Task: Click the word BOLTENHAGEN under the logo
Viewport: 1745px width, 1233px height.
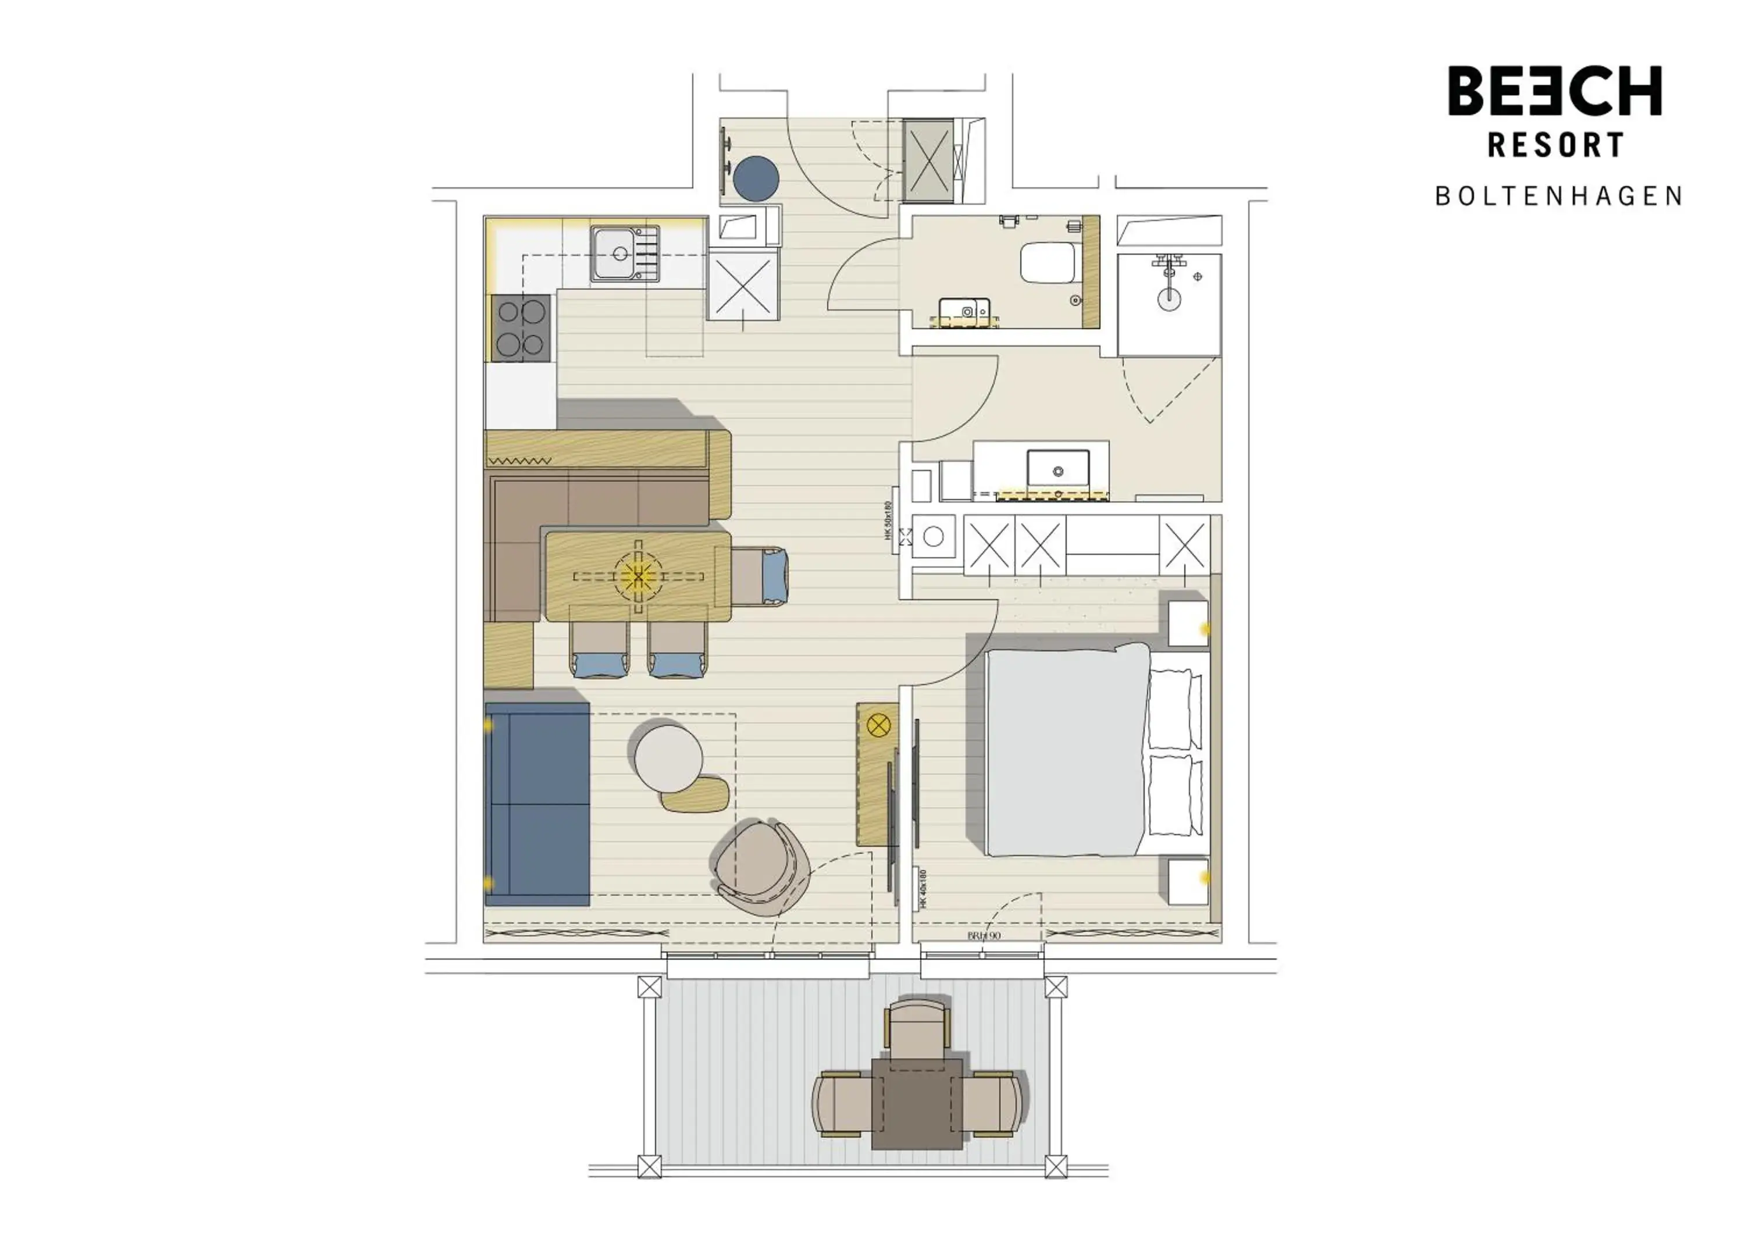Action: pyautogui.click(x=1558, y=196)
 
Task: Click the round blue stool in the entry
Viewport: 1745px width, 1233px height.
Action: pyautogui.click(x=756, y=177)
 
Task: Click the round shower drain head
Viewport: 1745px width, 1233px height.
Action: pyautogui.click(x=1169, y=298)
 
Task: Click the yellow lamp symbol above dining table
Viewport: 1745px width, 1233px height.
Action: pyautogui.click(x=638, y=576)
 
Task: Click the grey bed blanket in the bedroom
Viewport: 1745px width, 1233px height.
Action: pyautogui.click(x=1064, y=752)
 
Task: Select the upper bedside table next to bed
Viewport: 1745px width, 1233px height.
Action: pyautogui.click(x=1187, y=623)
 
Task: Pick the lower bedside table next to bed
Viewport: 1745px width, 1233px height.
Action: pyautogui.click(x=1187, y=881)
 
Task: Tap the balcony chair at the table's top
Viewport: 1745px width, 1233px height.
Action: pyautogui.click(x=917, y=1025)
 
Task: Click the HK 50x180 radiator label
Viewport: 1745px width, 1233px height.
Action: pyautogui.click(x=888, y=521)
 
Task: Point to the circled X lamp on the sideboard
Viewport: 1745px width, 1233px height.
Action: pyautogui.click(x=878, y=725)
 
